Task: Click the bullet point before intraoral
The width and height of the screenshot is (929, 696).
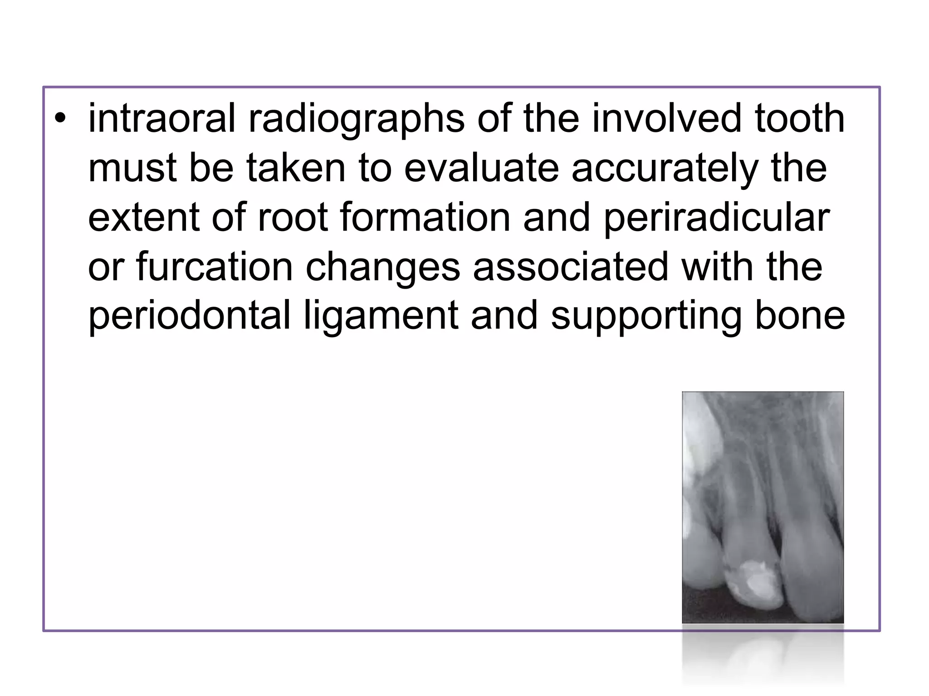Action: point(59,119)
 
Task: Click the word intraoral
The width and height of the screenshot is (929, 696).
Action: point(162,118)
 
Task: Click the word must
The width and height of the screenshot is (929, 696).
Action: point(132,168)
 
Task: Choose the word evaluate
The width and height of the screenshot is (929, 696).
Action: point(481,168)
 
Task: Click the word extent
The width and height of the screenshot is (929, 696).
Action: point(144,217)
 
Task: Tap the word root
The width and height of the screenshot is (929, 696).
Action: point(293,217)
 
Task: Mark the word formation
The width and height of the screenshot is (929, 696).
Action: point(425,217)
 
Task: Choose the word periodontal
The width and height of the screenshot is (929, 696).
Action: point(189,316)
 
